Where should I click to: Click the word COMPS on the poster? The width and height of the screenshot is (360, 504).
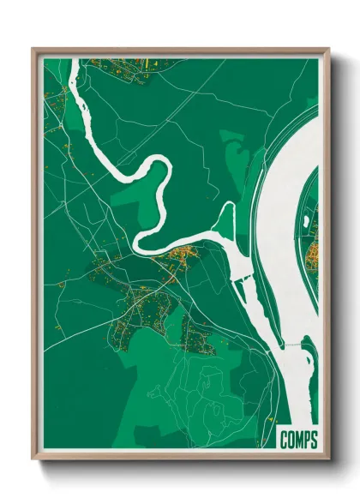point(298,441)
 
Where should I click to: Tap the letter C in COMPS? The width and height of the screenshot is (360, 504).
point(284,441)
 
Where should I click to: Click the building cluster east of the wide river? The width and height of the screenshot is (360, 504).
point(314,249)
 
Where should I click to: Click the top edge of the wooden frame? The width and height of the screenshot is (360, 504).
point(180,50)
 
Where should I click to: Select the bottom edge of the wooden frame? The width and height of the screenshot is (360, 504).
point(180,456)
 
